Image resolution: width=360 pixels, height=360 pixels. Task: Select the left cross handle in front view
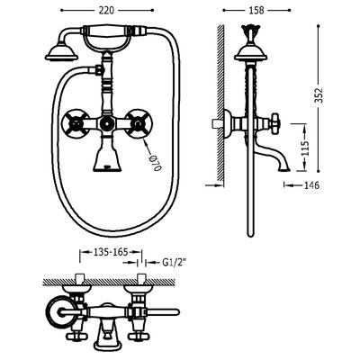(x=76, y=124)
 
